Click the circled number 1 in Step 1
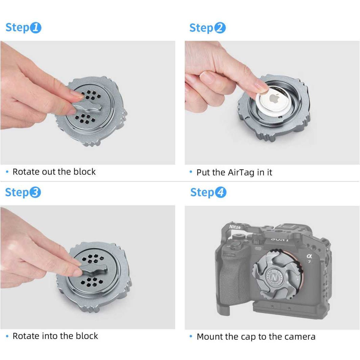coord(35,28)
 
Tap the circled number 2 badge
coord(220,28)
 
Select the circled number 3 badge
coord(35,192)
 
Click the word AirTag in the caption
coord(241,172)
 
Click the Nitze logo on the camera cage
coord(235,227)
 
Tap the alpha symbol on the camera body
coord(309,256)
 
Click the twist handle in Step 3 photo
coord(93,270)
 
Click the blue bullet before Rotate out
coord(7,172)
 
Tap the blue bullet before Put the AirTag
coord(191,172)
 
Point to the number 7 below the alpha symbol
coord(310,262)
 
